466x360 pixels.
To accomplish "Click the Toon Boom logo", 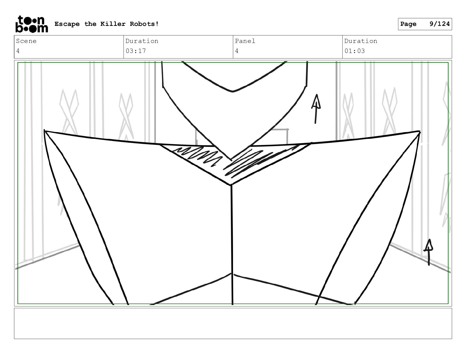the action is pos(31,24).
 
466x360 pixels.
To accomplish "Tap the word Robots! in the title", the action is pos(144,24).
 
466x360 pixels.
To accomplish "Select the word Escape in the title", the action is pos(67,24).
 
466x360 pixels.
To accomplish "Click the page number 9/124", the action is pos(440,24).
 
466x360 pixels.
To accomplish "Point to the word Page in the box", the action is pos(408,24).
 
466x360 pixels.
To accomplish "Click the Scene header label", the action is pos(26,41).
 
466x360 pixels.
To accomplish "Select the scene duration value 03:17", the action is pos(136,51).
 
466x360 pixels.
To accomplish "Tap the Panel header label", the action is pos(245,41).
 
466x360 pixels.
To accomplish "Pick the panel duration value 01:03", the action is pos(355,51).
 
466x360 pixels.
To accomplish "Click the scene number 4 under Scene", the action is pos(18,51).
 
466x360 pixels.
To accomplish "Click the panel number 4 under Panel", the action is pos(237,51).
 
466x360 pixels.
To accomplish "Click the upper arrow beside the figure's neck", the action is pos(316,109).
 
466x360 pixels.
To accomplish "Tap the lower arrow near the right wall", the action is pos(429,252).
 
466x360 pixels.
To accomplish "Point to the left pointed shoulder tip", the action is pos(45,131).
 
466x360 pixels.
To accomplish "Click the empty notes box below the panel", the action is pos(233,323).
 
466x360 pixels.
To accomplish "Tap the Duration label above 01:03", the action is pos(361,41).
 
